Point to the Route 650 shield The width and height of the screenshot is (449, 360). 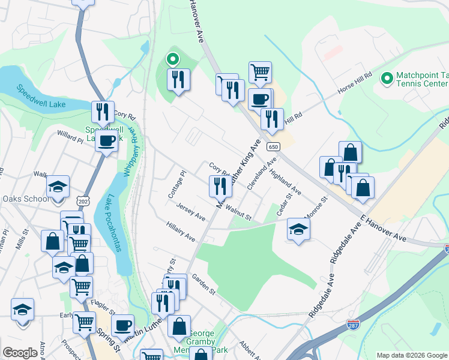tap(274, 146)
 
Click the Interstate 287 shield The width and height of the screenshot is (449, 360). tap(354, 325)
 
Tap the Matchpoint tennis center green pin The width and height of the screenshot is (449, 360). tap(386, 78)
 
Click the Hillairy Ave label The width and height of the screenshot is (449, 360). tap(181, 232)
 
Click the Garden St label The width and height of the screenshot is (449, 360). tap(203, 283)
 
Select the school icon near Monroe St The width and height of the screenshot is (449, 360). tap(298, 230)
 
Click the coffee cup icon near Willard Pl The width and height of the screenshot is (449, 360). tap(107, 142)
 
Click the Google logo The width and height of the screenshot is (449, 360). tap(20, 353)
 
